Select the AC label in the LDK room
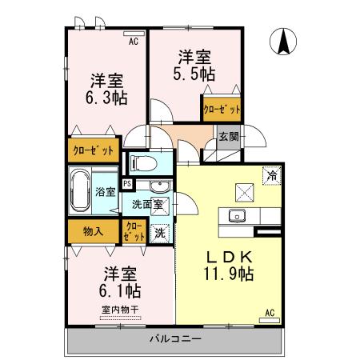point(269,313)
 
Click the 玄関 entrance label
point(228,137)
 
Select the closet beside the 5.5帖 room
point(221,109)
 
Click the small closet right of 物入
point(134,232)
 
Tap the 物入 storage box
point(93,232)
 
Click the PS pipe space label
point(127,184)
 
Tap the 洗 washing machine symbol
point(160,234)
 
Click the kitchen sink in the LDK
point(238,214)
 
